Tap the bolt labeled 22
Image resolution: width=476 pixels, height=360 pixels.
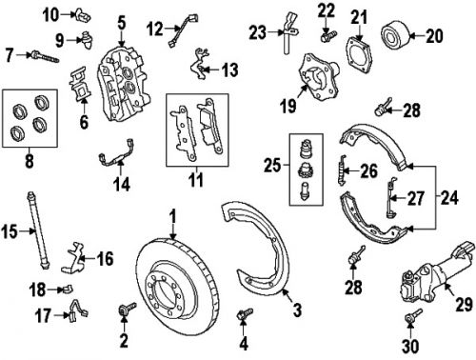click(x=327, y=37)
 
